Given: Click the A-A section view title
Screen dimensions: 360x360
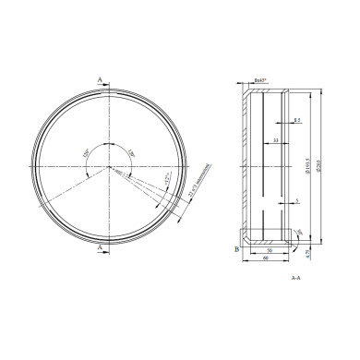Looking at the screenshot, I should [x=294, y=277].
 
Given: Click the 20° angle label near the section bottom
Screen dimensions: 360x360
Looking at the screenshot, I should [x=301, y=232].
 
